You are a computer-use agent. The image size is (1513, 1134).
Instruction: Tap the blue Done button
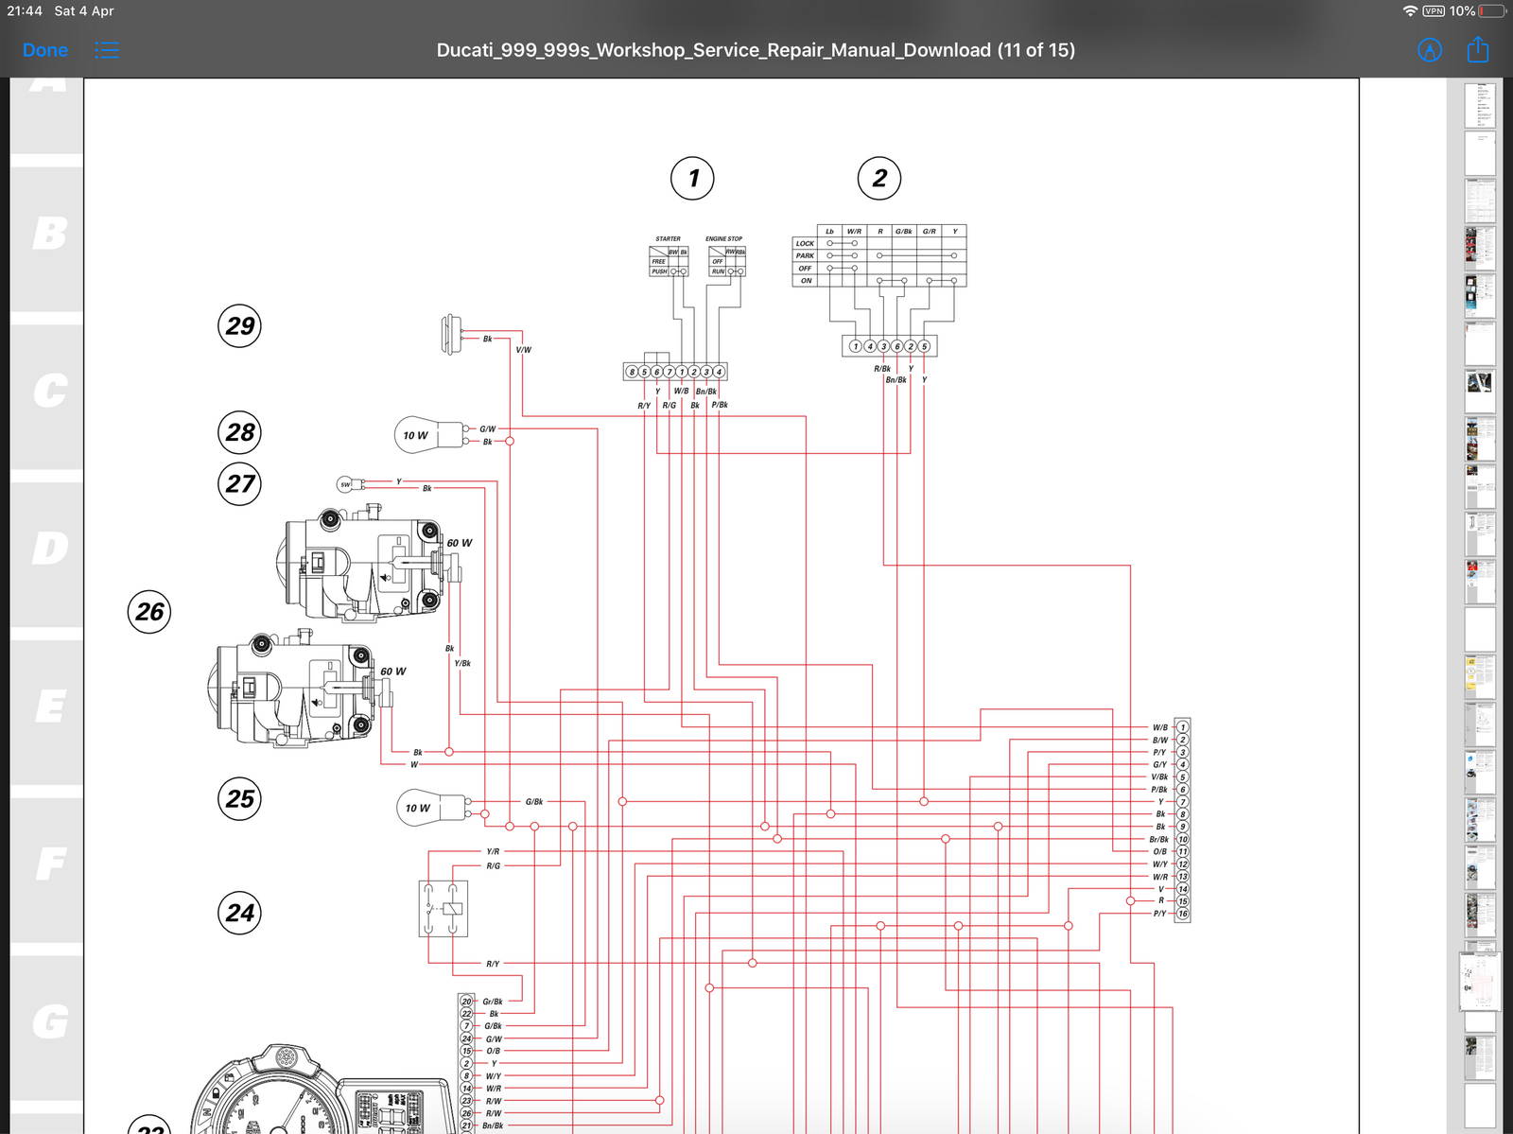pos(45,50)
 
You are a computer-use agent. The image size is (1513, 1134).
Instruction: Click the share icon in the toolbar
pos(1477,50)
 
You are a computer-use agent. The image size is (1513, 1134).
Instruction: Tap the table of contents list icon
pos(107,50)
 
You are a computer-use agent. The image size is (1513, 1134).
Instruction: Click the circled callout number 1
pos(692,178)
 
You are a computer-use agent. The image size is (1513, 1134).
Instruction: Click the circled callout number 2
pos(879,178)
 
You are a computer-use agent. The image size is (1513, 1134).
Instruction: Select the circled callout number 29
pos(239,326)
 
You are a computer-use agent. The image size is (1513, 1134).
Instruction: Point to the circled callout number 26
pos(149,612)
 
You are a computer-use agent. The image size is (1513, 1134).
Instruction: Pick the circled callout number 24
pos(239,913)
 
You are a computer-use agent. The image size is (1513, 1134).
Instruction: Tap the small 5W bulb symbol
pos(346,484)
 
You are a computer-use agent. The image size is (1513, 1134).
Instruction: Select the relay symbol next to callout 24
pos(443,909)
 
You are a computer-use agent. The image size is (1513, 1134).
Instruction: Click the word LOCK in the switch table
pos(805,243)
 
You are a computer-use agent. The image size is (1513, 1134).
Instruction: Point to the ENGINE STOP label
pos(723,238)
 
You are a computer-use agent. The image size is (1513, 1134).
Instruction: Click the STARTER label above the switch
pos(668,238)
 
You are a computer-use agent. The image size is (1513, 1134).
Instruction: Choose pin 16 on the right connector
pos(1182,914)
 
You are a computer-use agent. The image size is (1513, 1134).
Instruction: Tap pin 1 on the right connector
pos(1182,727)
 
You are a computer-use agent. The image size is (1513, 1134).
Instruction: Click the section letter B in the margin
pos(49,234)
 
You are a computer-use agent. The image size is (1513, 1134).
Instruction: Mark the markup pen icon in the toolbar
pos(1430,50)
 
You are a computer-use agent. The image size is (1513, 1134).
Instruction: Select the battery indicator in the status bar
pos(1492,10)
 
